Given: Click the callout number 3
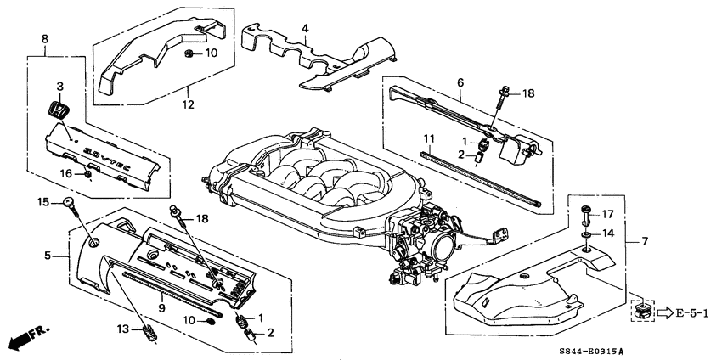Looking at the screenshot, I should coord(60,87).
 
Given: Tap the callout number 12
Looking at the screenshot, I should coord(187,104).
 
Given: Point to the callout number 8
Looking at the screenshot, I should coord(45,38).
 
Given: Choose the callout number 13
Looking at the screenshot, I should coord(121,329).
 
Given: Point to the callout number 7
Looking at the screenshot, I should coord(643,241).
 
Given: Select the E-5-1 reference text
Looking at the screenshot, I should coord(694,312).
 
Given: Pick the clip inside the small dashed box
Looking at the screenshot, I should coord(641,310).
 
